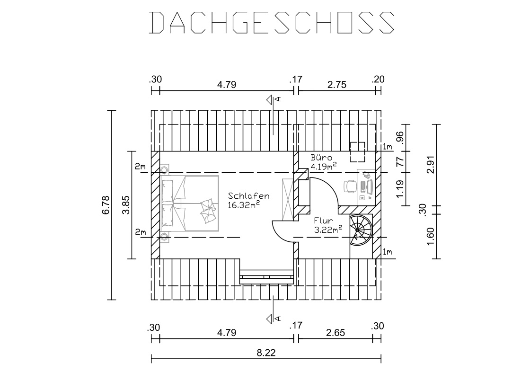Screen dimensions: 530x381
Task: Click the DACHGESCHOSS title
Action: (272, 23)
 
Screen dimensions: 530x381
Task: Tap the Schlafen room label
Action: (248, 196)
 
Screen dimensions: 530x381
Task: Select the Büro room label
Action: (321, 158)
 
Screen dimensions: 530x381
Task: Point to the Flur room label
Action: (323, 221)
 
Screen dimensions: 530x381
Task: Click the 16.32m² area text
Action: (244, 204)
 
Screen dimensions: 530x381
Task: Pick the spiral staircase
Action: (360, 230)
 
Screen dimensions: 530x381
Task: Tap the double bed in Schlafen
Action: (190, 203)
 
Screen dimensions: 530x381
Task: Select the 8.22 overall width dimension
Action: (266, 353)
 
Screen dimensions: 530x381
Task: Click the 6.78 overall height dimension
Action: (106, 205)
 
